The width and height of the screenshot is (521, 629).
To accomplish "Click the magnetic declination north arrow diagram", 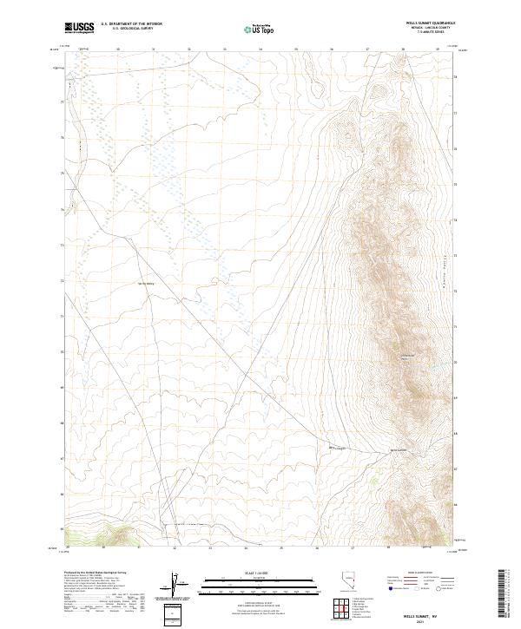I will click(176, 586).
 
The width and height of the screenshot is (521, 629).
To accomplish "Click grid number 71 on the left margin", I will click(61, 316).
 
